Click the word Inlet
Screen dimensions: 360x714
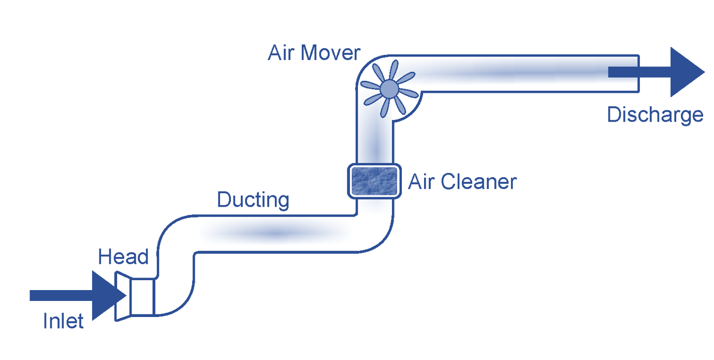click(63, 322)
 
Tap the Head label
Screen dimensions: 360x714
click(123, 257)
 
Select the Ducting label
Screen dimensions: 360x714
click(253, 200)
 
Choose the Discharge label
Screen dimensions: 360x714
click(655, 115)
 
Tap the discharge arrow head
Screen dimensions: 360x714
click(687, 72)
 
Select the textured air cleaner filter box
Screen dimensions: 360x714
click(374, 181)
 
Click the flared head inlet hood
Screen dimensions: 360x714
click(122, 297)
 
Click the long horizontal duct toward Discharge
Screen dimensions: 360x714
click(518, 74)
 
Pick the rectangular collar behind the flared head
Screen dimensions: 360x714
click(141, 297)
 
